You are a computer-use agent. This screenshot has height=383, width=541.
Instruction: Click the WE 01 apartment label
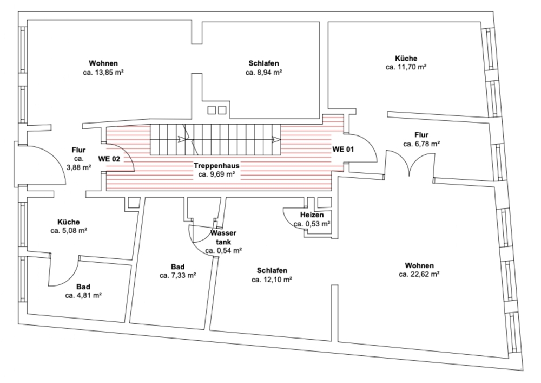pyautogui.click(x=342, y=148)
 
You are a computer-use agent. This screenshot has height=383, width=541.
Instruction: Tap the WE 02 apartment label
pyautogui.click(x=109, y=159)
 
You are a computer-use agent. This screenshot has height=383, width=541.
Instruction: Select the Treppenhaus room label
pyautogui.click(x=216, y=166)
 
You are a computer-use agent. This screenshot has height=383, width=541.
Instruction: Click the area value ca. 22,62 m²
pyautogui.click(x=419, y=275)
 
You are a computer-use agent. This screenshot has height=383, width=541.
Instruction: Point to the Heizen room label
pyautogui.click(x=312, y=215)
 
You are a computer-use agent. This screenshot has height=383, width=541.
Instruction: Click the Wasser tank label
pyautogui.click(x=223, y=237)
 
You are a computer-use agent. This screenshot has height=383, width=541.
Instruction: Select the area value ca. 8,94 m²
pyautogui.click(x=264, y=72)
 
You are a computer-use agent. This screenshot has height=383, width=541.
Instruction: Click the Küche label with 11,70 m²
pyautogui.click(x=406, y=58)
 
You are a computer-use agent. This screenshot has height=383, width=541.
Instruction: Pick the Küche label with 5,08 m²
pyautogui.click(x=69, y=222)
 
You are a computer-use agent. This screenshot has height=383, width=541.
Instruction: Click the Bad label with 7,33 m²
pyautogui.click(x=177, y=267)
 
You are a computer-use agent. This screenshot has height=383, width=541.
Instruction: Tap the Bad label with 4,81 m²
pyautogui.click(x=83, y=287)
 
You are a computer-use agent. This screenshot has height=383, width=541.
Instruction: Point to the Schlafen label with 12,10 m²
pyautogui.click(x=272, y=270)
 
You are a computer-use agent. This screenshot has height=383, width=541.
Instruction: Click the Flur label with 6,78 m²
pyautogui.click(x=421, y=135)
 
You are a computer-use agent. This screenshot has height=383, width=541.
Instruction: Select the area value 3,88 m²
pyautogui.click(x=79, y=167)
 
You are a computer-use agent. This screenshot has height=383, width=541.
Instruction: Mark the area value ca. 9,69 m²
pyautogui.click(x=216, y=175)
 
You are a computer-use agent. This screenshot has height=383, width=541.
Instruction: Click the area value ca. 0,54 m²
pyautogui.click(x=223, y=251)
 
